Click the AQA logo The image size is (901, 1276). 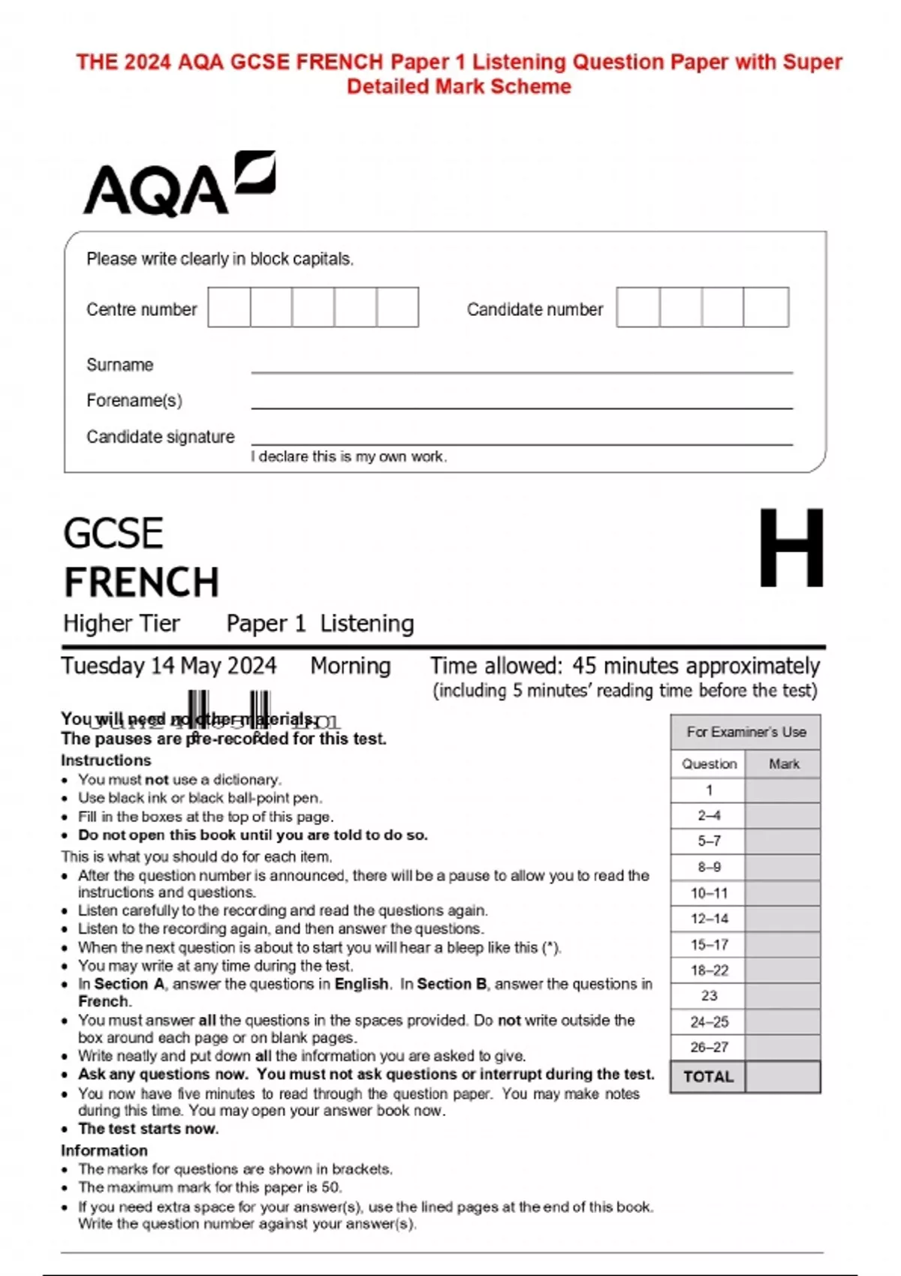click(x=179, y=185)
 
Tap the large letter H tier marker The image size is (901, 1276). click(x=791, y=548)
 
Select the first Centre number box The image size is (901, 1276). click(x=229, y=307)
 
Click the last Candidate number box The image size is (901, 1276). click(x=766, y=307)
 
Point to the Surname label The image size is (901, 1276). click(x=119, y=365)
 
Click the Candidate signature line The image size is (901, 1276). click(x=521, y=444)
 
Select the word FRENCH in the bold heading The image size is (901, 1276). click(x=141, y=582)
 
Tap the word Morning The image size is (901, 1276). click(x=351, y=666)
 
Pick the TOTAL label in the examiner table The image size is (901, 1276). click(x=708, y=1076)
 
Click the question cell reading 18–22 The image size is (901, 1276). click(x=709, y=970)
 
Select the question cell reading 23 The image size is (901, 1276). click(x=709, y=995)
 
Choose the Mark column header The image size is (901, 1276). click(x=783, y=763)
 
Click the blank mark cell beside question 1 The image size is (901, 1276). click(x=782, y=790)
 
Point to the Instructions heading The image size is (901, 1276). click(x=106, y=760)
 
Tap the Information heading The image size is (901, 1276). click(x=104, y=1150)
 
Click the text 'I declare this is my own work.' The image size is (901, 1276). click(x=348, y=456)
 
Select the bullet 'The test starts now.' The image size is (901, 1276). click(x=148, y=1128)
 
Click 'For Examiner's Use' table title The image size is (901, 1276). click(x=746, y=732)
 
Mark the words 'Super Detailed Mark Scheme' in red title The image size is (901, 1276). click(x=459, y=86)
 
